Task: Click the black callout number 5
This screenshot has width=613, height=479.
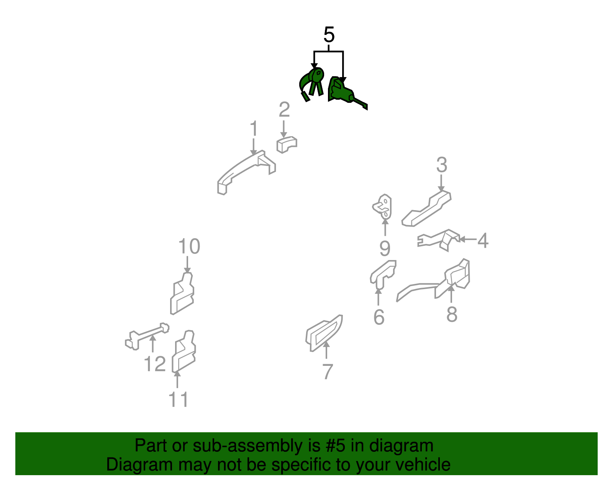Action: (x=329, y=35)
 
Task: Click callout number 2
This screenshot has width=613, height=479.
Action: (x=284, y=110)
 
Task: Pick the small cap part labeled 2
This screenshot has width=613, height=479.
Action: (x=287, y=145)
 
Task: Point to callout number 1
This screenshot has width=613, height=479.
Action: (x=254, y=128)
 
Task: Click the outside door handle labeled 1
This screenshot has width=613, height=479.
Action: (x=246, y=172)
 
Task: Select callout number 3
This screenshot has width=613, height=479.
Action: (x=442, y=165)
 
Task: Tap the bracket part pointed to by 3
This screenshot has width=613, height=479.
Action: (x=426, y=209)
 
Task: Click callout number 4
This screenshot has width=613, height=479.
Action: (x=483, y=240)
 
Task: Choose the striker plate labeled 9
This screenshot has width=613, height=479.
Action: (x=382, y=207)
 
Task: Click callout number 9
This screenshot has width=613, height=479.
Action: (x=385, y=249)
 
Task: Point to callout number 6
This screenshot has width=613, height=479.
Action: (x=379, y=317)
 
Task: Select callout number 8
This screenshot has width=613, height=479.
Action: (x=452, y=314)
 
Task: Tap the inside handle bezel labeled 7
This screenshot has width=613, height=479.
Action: (x=324, y=333)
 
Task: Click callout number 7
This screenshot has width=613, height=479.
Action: (x=327, y=372)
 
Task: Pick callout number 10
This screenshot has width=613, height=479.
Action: (x=189, y=247)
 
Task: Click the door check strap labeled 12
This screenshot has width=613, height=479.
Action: (x=147, y=336)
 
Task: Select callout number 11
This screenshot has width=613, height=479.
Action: (x=178, y=399)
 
